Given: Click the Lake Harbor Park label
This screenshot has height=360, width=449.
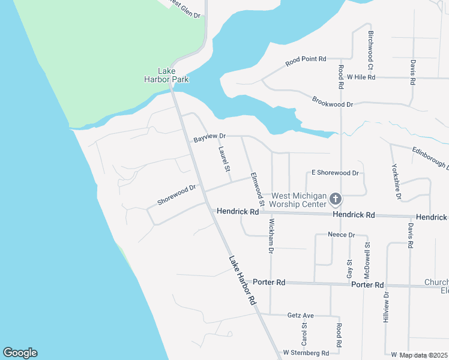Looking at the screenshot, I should tap(166, 74).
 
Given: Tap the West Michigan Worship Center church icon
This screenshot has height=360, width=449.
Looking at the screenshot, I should tap(336, 199).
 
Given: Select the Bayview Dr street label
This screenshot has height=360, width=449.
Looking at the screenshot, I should tap(209, 138).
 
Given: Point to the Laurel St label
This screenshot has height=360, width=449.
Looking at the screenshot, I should tap(224, 160).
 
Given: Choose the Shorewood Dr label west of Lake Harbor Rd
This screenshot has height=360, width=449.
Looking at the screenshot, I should tap(176, 195).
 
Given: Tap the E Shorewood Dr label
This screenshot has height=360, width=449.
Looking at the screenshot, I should tap(334, 173).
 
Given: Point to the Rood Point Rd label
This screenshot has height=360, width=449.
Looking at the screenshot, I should tap(306, 59).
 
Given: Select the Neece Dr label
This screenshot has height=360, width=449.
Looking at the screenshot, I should tap(342, 235).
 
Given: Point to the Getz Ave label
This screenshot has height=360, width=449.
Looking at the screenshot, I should tap(301, 315).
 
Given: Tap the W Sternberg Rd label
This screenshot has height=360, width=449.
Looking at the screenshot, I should tap(306, 353).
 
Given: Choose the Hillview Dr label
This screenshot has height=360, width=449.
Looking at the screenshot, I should tap(387, 308).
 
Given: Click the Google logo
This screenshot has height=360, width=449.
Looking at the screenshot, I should tap(20, 353).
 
